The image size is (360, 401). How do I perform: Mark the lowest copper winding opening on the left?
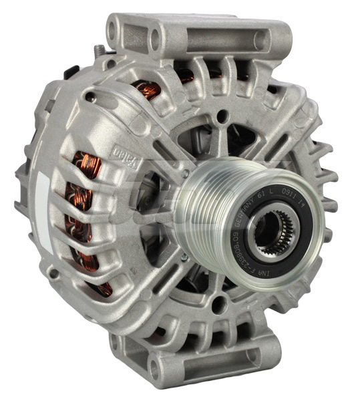104,288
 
